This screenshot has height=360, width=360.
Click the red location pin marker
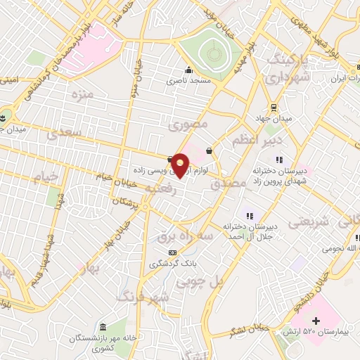181,165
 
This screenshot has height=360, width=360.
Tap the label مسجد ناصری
188,81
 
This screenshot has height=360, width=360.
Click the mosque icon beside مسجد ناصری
188,70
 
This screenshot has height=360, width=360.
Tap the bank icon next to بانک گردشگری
172,253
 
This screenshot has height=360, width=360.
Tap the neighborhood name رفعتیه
160,188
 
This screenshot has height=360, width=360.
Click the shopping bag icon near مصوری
210,150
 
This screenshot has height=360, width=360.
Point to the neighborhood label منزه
82,94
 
